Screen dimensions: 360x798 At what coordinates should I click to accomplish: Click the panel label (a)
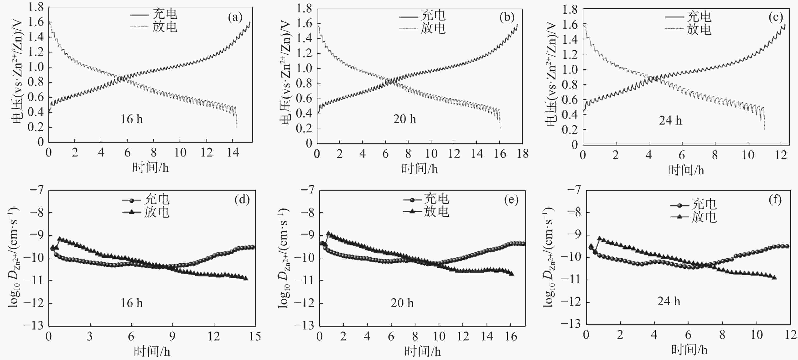[x=235, y=17]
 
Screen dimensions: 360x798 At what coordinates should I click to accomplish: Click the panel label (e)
[x=511, y=200]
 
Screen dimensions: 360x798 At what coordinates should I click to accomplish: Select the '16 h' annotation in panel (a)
[x=132, y=119]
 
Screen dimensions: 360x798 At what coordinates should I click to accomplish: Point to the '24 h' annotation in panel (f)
[x=669, y=301]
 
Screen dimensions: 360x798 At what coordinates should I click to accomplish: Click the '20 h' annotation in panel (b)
[x=404, y=119]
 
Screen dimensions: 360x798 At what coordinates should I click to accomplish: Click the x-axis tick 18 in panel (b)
[x=523, y=154]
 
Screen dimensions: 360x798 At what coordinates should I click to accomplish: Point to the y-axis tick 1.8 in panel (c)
[x=570, y=10]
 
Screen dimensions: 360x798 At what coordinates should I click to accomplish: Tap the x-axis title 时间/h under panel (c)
[x=686, y=170]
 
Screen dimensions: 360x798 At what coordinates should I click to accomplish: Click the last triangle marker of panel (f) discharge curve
[x=774, y=277]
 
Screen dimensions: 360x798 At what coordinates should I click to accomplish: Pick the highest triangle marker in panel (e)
[x=328, y=233]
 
